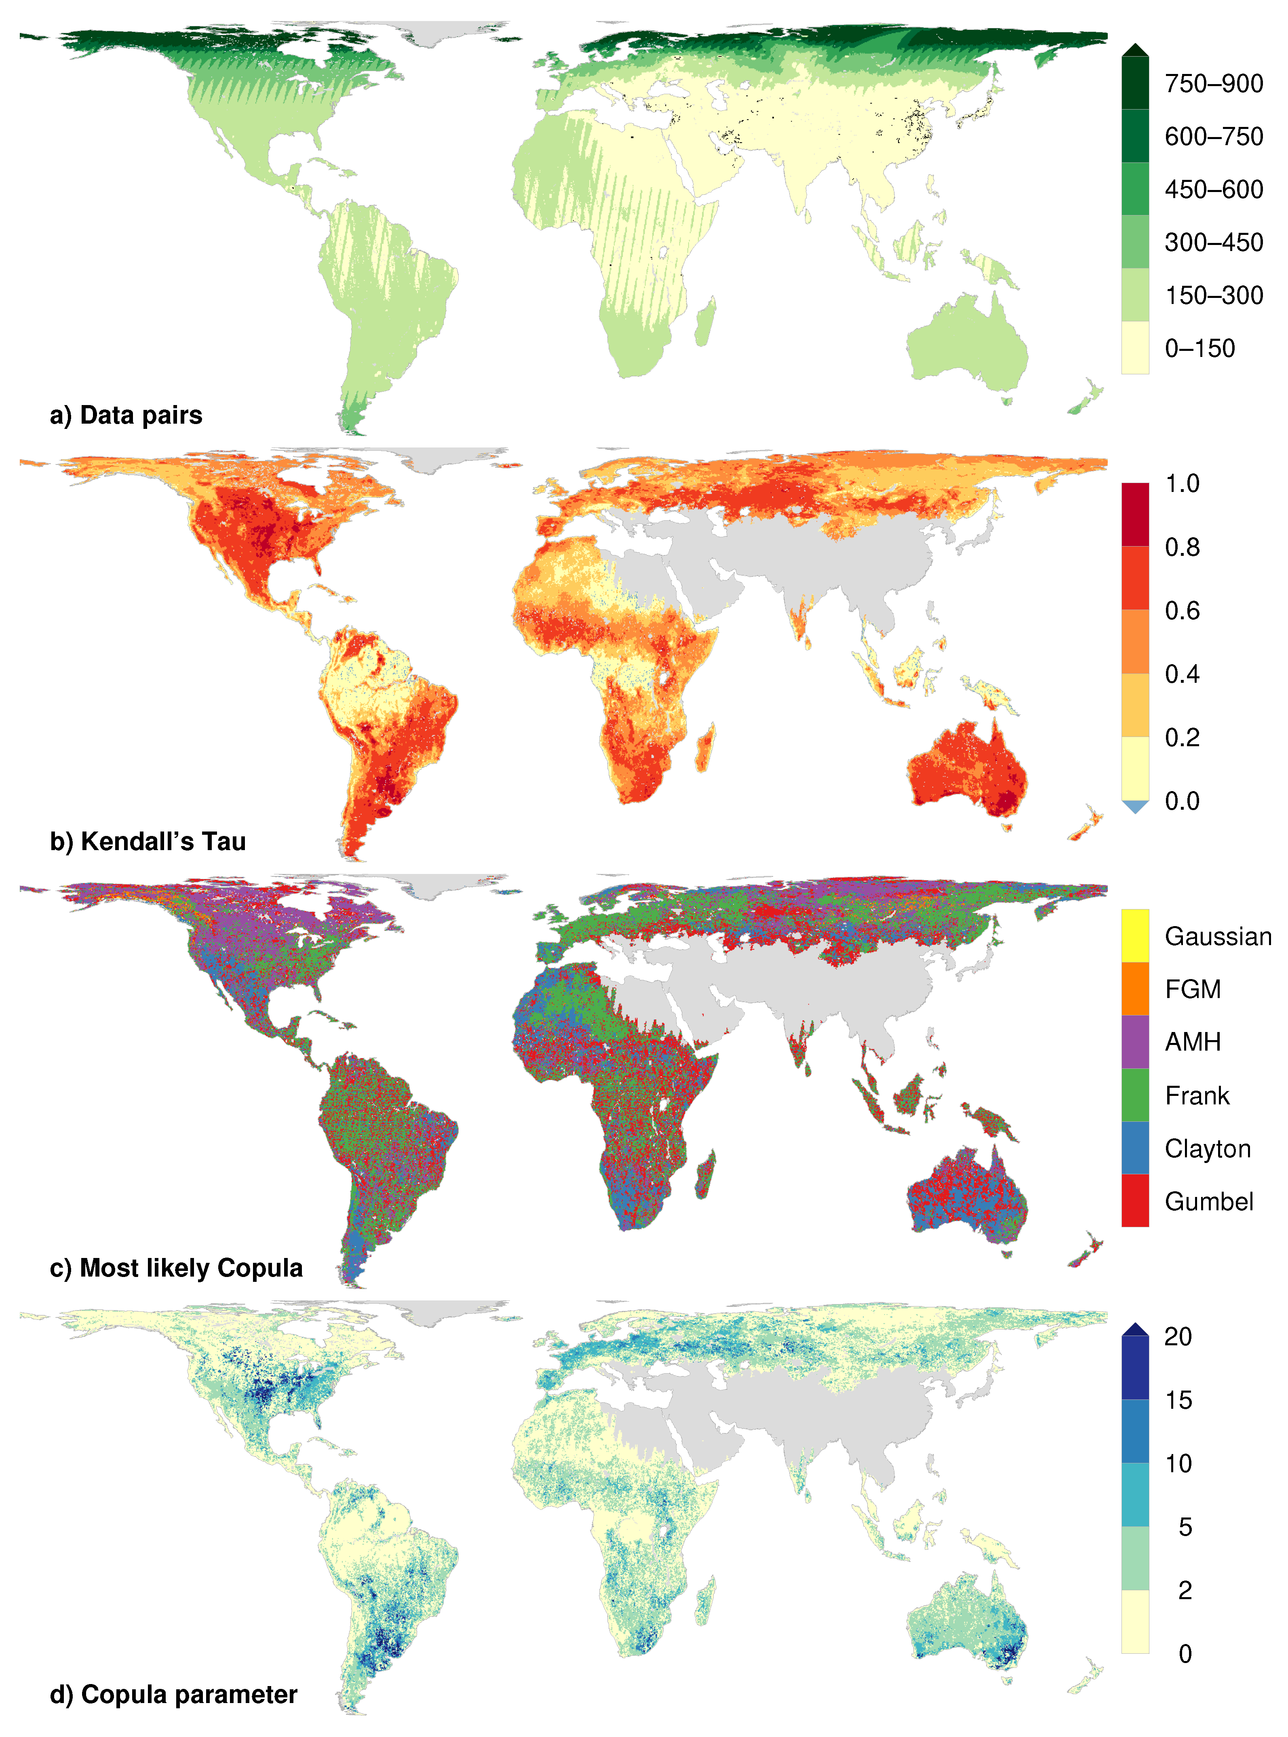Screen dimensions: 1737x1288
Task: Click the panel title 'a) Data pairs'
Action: pos(126,415)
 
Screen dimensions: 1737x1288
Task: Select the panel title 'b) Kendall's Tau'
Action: pos(148,841)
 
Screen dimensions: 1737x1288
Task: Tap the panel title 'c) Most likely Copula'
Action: pos(175,1268)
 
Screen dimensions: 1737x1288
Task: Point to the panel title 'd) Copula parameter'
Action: pos(173,1694)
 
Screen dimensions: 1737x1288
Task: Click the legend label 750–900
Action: pos(1213,83)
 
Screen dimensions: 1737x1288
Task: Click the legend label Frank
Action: pos(1197,1095)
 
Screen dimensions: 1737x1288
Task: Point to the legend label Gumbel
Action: pos(1208,1201)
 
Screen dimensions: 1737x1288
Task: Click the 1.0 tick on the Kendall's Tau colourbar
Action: pos(1182,483)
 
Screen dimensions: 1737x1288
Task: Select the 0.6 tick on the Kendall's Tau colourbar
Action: pos(1182,610)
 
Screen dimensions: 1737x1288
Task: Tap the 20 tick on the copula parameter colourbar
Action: pos(1177,1336)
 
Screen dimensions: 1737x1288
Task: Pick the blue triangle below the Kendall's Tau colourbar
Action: pos(1135,807)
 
